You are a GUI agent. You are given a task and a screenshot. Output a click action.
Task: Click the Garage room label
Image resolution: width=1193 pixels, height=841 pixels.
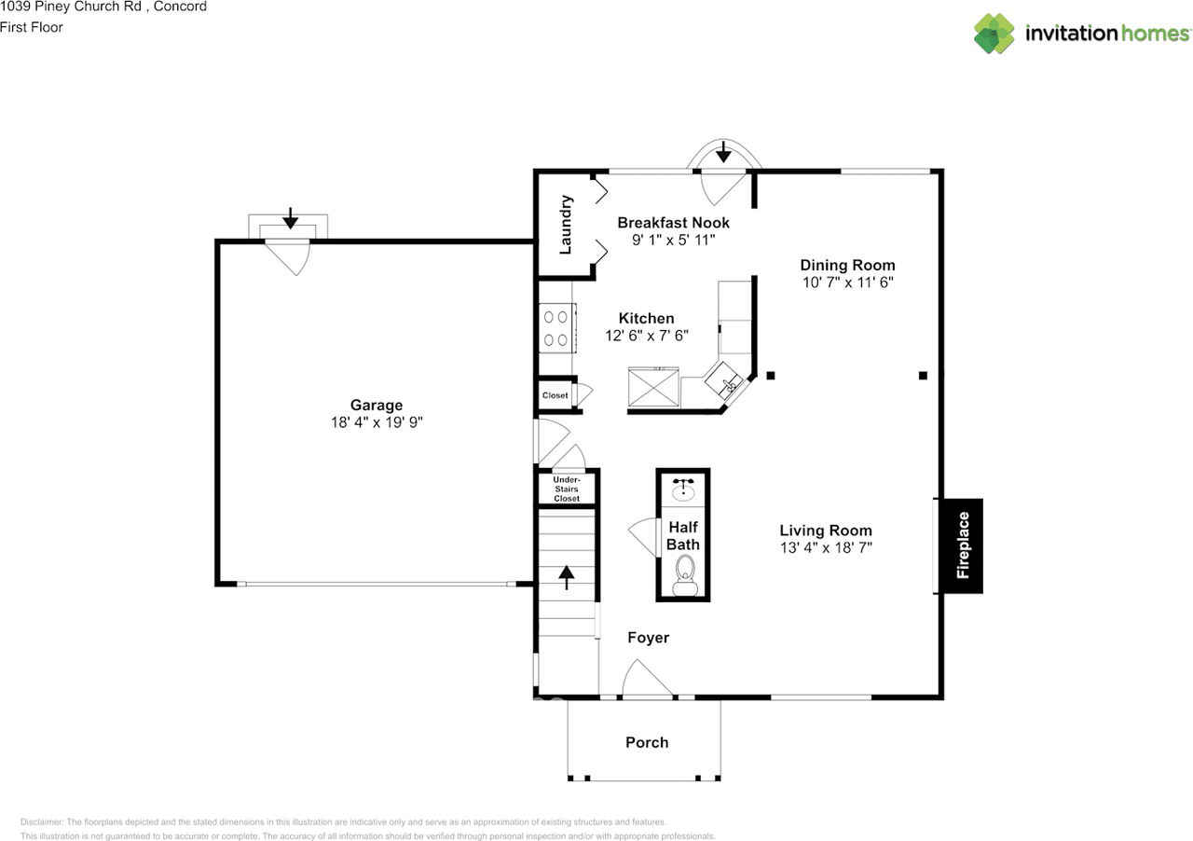[x=377, y=405]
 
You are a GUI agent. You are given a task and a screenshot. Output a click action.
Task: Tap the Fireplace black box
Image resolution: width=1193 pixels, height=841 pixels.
[x=963, y=545]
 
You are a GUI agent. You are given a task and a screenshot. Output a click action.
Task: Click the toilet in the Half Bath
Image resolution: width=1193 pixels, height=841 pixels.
[x=684, y=572]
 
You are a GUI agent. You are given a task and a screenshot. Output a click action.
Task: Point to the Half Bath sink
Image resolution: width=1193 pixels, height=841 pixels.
[x=683, y=489]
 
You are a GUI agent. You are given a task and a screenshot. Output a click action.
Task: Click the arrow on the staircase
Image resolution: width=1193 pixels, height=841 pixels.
[x=567, y=576]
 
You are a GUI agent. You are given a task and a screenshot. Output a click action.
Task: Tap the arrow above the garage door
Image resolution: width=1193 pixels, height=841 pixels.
[x=290, y=218]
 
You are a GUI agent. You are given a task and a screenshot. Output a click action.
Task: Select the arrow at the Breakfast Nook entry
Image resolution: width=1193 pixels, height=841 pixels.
[x=723, y=151]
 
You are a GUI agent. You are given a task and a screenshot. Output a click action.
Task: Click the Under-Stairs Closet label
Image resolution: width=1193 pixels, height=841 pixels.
[x=567, y=489]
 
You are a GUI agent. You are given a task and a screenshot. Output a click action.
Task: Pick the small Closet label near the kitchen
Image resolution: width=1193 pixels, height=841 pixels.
[x=555, y=395]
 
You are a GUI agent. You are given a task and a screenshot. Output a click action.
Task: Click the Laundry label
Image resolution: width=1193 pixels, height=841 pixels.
[x=565, y=225]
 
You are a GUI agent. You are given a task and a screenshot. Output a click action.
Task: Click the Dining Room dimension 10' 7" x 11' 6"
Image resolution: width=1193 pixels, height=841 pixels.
[x=847, y=283]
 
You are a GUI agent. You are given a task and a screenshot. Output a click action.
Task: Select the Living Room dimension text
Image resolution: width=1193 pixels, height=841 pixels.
[x=826, y=548]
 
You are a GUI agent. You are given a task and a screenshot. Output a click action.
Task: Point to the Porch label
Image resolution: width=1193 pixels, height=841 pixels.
[x=647, y=742]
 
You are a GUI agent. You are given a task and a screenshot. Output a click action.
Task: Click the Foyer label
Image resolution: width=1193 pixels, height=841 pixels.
[x=648, y=638]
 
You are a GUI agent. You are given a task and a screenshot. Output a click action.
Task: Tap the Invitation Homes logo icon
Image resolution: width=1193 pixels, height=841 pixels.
[x=994, y=33]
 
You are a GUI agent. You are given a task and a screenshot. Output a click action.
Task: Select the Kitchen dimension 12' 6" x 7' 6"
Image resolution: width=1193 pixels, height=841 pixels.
[x=646, y=336]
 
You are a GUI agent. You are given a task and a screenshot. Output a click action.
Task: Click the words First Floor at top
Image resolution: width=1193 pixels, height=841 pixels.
[x=32, y=27]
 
